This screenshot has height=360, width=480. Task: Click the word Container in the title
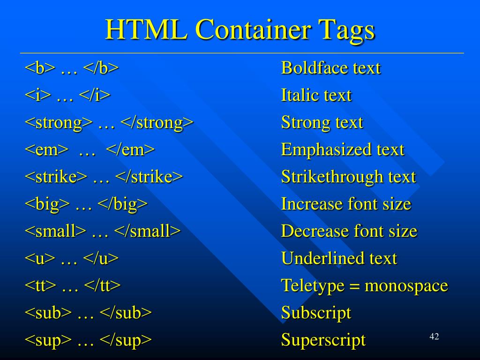coord(253,30)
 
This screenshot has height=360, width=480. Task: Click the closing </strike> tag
coord(149,177)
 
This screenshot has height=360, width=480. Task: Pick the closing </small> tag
coord(147,232)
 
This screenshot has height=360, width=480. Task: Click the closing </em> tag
coord(130,150)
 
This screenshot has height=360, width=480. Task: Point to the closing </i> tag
coord(95,96)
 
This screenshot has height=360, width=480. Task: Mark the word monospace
coord(406,286)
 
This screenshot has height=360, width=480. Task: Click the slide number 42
coord(434,337)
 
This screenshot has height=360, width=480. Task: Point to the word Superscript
coord(323,340)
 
